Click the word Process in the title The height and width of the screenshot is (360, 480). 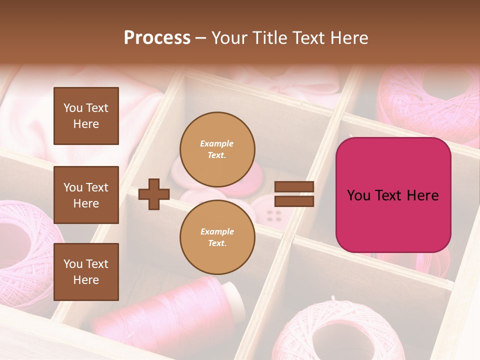coord(157,37)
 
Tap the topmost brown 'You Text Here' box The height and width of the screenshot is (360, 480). coord(86,116)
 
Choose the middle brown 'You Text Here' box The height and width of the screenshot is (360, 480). coord(86,195)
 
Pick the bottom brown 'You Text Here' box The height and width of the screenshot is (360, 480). coord(86,271)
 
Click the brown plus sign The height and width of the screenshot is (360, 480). coord(154,194)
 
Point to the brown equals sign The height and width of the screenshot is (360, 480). coord(294,194)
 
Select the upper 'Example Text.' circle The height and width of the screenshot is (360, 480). coord(217,149)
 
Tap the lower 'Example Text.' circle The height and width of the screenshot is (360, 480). coord(217,237)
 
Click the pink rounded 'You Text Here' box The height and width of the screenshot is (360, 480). coord(393,195)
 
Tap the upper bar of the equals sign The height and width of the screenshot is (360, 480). coord(294,187)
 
